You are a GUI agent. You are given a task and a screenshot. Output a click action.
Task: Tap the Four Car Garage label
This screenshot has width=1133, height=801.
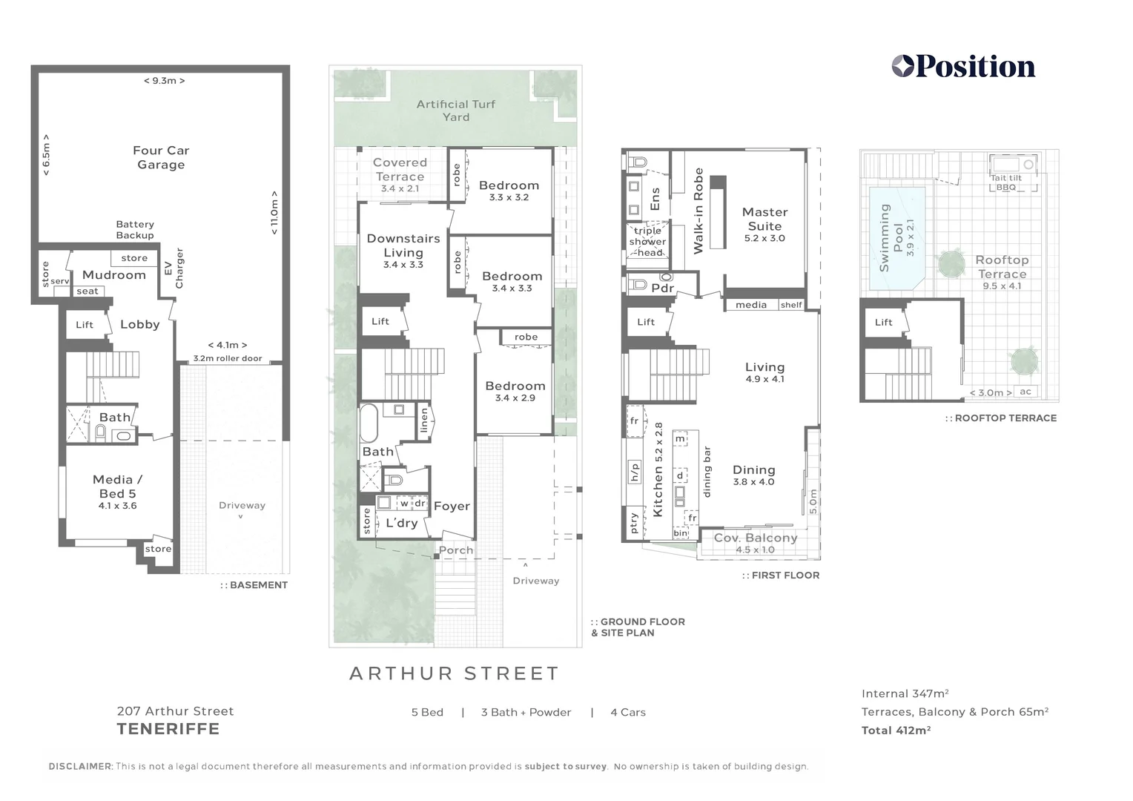161,157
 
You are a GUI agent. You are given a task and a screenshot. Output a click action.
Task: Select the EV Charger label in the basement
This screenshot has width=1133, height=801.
174,268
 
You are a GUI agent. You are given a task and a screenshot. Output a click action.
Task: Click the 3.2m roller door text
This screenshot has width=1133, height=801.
228,358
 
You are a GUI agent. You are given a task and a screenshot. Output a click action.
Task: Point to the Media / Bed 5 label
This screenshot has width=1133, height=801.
118,487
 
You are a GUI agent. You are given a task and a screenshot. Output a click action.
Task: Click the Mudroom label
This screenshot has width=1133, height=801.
114,275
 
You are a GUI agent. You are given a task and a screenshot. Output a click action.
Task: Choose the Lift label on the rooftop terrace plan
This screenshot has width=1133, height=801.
883,323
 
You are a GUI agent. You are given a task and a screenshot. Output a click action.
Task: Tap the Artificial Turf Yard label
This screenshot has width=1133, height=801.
455,111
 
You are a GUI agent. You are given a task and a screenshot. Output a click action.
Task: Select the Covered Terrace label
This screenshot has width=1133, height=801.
400,169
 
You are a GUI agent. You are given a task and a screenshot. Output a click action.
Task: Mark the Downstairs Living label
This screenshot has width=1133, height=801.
403,245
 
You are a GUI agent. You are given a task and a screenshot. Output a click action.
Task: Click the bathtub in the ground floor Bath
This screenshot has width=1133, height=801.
369,423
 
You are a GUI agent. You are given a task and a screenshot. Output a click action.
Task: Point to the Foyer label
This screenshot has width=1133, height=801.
452,506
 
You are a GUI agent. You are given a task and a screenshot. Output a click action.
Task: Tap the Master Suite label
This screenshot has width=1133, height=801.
764,219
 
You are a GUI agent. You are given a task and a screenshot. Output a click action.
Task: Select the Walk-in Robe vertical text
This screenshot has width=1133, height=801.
698,211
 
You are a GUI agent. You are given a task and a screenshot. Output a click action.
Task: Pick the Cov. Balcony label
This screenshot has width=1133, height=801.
756,538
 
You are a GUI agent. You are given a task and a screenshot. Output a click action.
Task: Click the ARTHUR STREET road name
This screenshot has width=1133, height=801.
455,673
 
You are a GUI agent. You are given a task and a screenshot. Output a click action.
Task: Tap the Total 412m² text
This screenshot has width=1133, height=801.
896,731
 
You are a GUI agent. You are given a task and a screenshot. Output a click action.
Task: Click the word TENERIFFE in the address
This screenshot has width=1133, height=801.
168,729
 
